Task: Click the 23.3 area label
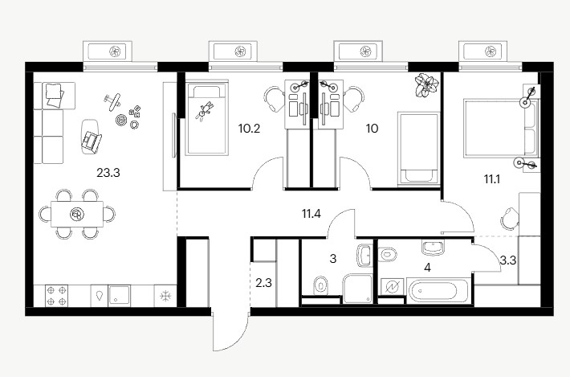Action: pos(108,173)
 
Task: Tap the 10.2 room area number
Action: pos(249,128)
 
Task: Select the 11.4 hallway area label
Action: pos(311,214)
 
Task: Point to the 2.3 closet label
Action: pos(263,282)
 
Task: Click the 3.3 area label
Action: pos(508,260)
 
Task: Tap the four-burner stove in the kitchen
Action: pos(56,296)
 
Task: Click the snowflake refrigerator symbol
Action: pos(165,296)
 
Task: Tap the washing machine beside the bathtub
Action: pos(392,288)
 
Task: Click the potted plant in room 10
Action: pos(426,85)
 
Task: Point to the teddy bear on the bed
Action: pos(204,111)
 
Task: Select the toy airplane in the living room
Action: pos(112,101)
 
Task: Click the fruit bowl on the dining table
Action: pos(77,214)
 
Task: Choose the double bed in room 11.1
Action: pos(500,129)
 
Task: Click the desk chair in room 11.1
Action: pos(509,218)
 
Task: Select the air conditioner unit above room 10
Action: pos(358,51)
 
